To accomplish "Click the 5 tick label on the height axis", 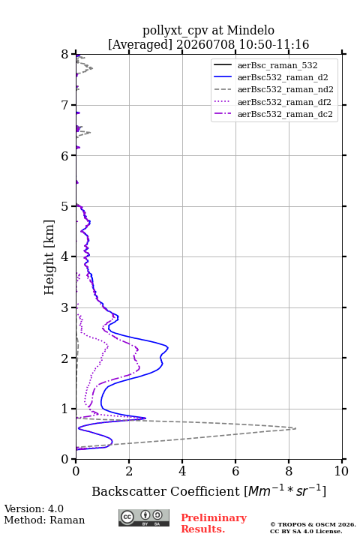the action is [x=64, y=206].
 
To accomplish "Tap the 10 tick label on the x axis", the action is [x=341, y=471].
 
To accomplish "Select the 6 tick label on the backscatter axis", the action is [x=235, y=471].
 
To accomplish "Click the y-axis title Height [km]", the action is [x=49, y=257].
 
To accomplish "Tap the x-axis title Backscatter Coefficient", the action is [x=166, y=491].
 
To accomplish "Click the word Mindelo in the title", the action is [x=250, y=31].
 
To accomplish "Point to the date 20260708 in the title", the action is [x=205, y=44].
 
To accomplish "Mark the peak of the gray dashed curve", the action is [x=295, y=428].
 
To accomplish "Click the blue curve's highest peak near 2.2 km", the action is [x=168, y=347].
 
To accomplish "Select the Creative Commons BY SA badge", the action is [x=144, y=517].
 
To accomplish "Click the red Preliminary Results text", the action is [x=214, y=523].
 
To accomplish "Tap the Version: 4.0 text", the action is [x=34, y=508].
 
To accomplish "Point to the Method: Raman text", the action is [x=44, y=520].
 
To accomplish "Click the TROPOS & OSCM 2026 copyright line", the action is [x=313, y=524].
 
